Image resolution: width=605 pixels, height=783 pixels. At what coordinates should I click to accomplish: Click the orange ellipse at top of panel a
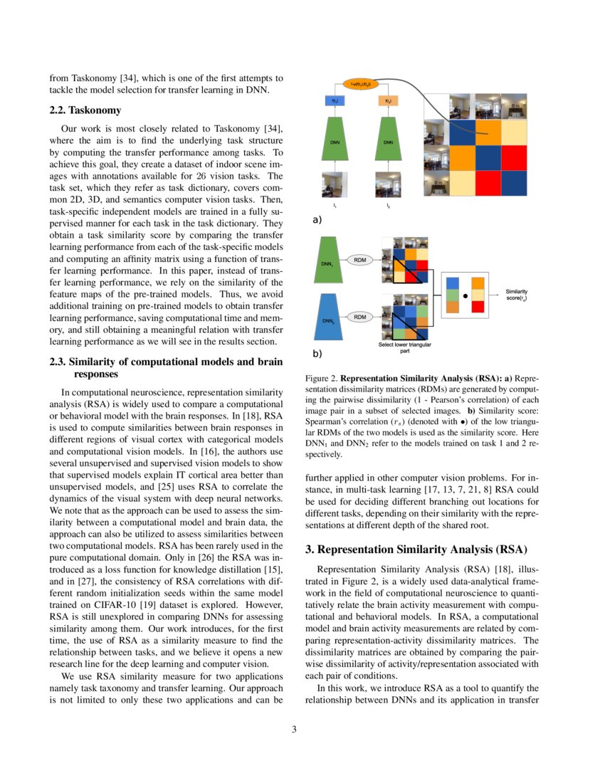pyautogui.click(x=362, y=84)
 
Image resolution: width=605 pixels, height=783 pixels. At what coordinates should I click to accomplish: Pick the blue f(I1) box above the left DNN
pyautogui.click(x=335, y=102)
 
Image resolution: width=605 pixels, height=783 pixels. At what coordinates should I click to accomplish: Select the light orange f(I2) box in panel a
pyautogui.click(x=388, y=102)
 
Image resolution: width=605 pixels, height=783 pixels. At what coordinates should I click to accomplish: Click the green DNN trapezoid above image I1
pyautogui.click(x=335, y=142)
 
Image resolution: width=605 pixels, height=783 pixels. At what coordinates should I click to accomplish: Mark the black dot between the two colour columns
pyautogui.click(x=465, y=293)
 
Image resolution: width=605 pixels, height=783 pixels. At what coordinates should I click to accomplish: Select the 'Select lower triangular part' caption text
pyautogui.click(x=404, y=347)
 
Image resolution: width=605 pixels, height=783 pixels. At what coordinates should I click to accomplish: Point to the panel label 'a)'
pyautogui.click(x=317, y=221)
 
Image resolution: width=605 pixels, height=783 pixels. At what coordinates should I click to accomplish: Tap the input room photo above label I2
pyautogui.click(x=388, y=184)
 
